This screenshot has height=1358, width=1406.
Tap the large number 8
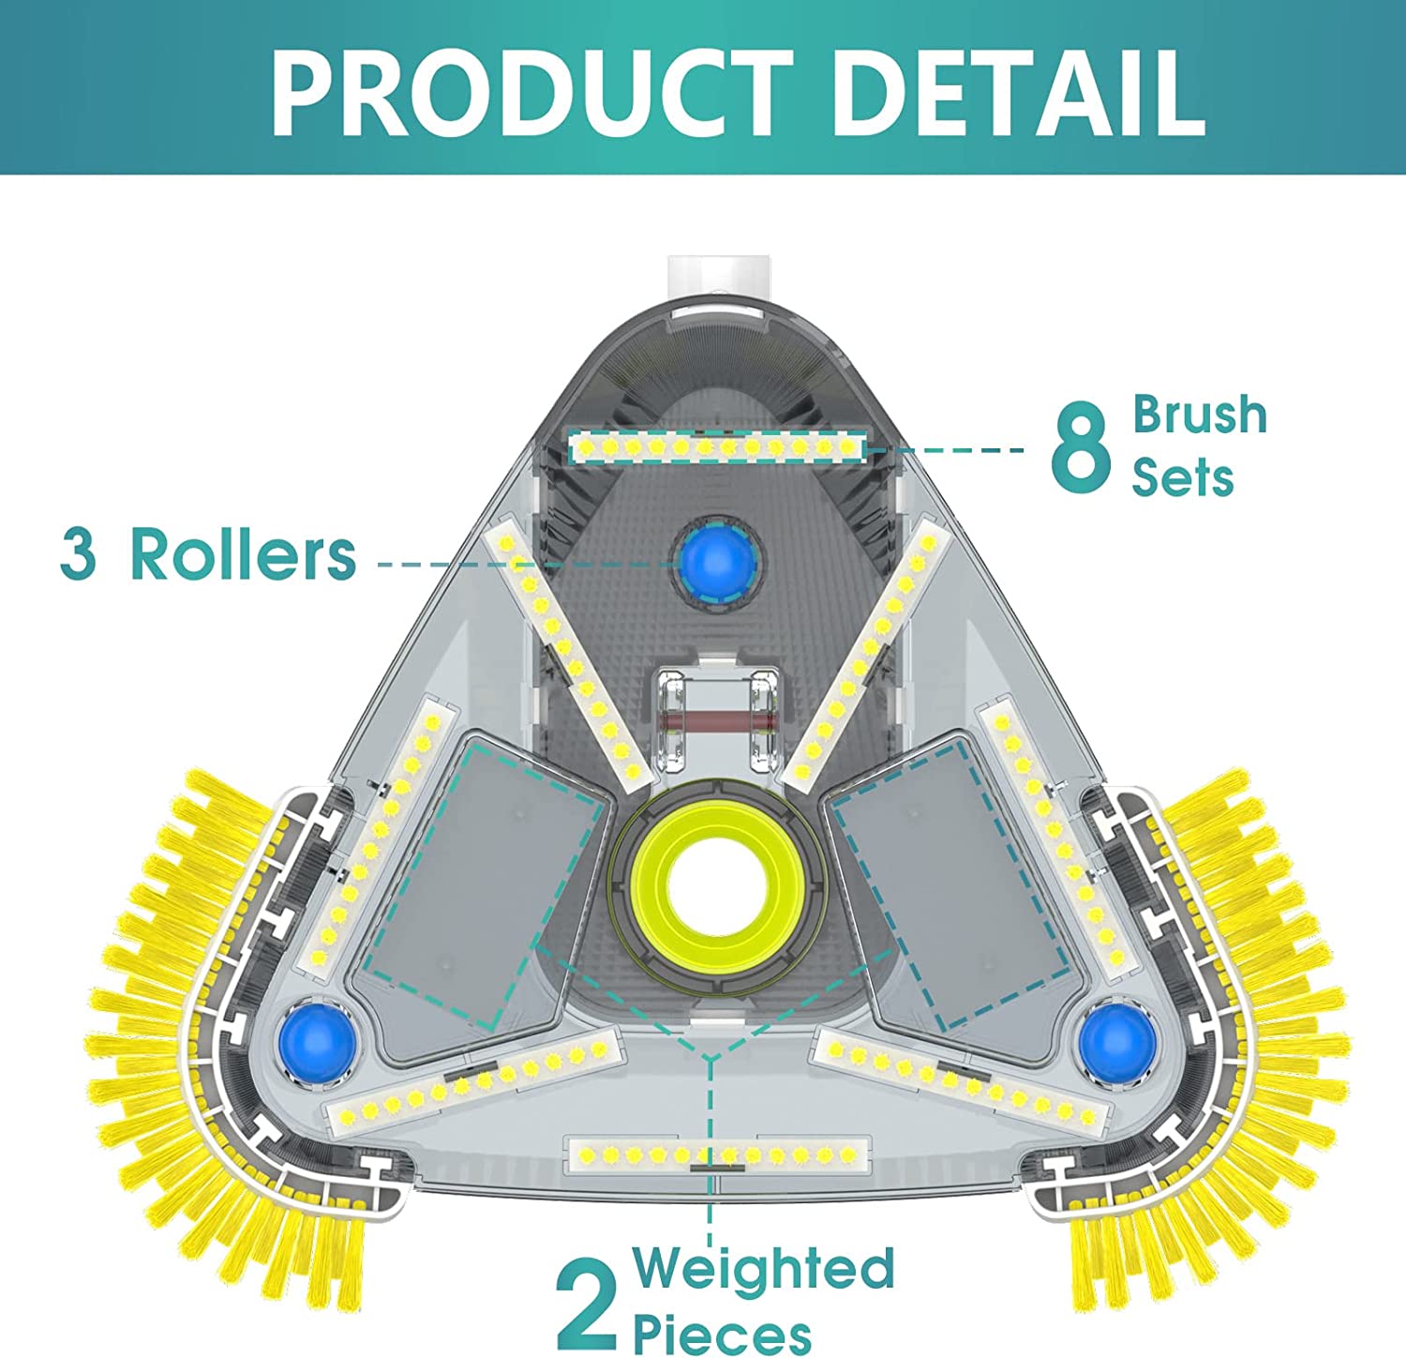(1080, 446)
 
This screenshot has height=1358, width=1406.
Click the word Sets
(1183, 477)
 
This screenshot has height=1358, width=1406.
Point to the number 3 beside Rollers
(78, 553)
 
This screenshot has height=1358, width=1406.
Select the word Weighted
(764, 1268)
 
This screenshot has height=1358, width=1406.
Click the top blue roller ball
(718, 562)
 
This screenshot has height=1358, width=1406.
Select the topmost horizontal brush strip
(717, 447)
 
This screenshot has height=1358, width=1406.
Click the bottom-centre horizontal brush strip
(719, 1154)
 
